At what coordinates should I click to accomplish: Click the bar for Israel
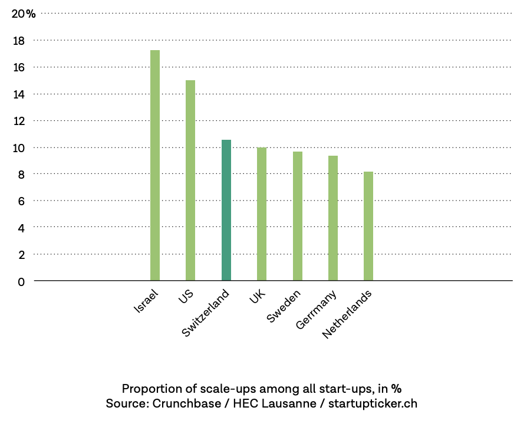tap(155, 165)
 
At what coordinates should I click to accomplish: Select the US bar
tap(190, 180)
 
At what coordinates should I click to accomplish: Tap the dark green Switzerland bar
tap(226, 210)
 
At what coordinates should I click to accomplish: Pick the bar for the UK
tap(262, 213)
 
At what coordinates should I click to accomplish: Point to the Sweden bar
tap(298, 216)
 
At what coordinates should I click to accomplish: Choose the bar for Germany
tap(333, 218)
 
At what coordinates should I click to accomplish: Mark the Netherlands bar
tap(368, 226)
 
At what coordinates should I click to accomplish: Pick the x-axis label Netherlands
tap(348, 314)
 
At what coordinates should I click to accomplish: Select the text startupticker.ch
tap(373, 404)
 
